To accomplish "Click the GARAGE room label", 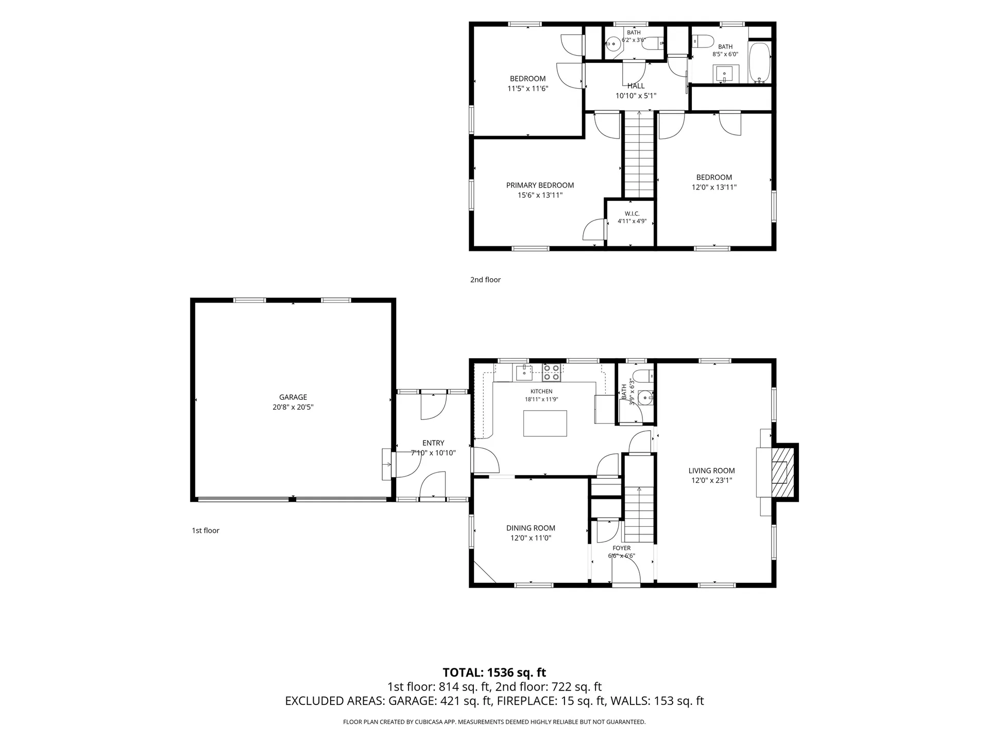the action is (x=293, y=397).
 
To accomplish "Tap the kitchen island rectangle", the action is (x=545, y=424).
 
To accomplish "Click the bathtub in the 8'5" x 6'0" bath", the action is (x=759, y=63).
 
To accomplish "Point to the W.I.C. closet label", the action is (x=632, y=213).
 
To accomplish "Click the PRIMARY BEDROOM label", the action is (x=540, y=185).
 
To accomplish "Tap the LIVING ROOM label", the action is (x=712, y=470).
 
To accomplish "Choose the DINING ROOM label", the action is (x=531, y=528).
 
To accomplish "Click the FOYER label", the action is (x=622, y=548).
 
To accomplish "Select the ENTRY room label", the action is (x=433, y=443).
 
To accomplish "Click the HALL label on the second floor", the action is (x=636, y=86).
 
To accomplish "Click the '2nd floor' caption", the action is (x=485, y=280).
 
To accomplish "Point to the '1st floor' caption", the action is (x=206, y=531).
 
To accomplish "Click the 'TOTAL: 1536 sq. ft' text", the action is (x=494, y=672).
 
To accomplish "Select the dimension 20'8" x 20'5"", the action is (x=293, y=407).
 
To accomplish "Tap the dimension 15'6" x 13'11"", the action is (x=540, y=195).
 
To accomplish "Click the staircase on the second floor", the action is (x=639, y=155).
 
